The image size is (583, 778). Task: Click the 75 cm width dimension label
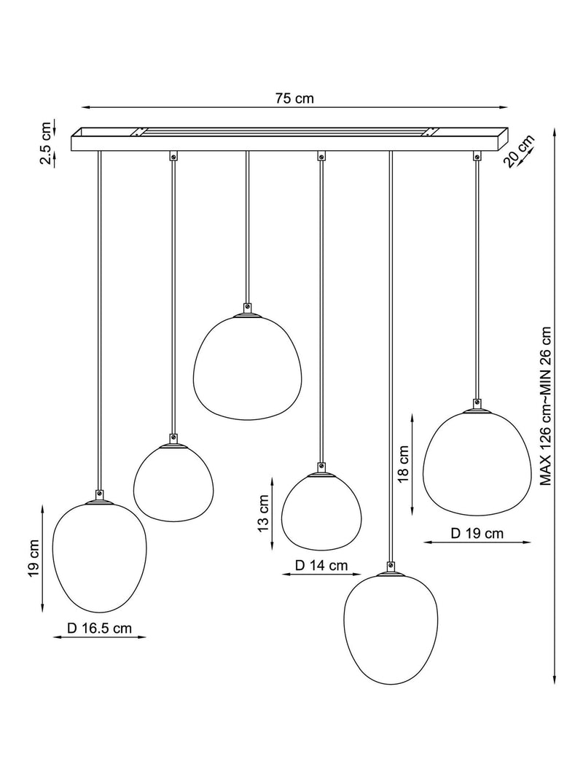[x=295, y=98]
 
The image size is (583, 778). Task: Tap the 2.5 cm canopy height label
[x=46, y=143]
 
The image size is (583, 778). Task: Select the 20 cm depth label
[x=519, y=151]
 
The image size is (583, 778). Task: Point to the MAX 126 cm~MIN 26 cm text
[x=545, y=406]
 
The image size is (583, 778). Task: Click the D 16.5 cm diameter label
[x=100, y=628]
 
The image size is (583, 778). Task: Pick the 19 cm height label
[x=34, y=559]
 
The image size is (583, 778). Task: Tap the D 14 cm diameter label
[x=321, y=565]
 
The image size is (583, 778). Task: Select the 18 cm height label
[x=403, y=464]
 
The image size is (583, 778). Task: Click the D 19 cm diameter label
[x=477, y=534]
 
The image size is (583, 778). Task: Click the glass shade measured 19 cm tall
[x=100, y=558]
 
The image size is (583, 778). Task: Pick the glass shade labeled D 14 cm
[x=321, y=512]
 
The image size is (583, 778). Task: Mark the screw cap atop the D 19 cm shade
[x=477, y=403]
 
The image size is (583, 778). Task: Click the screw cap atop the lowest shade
[x=391, y=566]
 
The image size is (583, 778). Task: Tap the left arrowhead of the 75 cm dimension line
[x=85, y=107]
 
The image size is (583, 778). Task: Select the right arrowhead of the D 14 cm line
[x=358, y=575]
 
